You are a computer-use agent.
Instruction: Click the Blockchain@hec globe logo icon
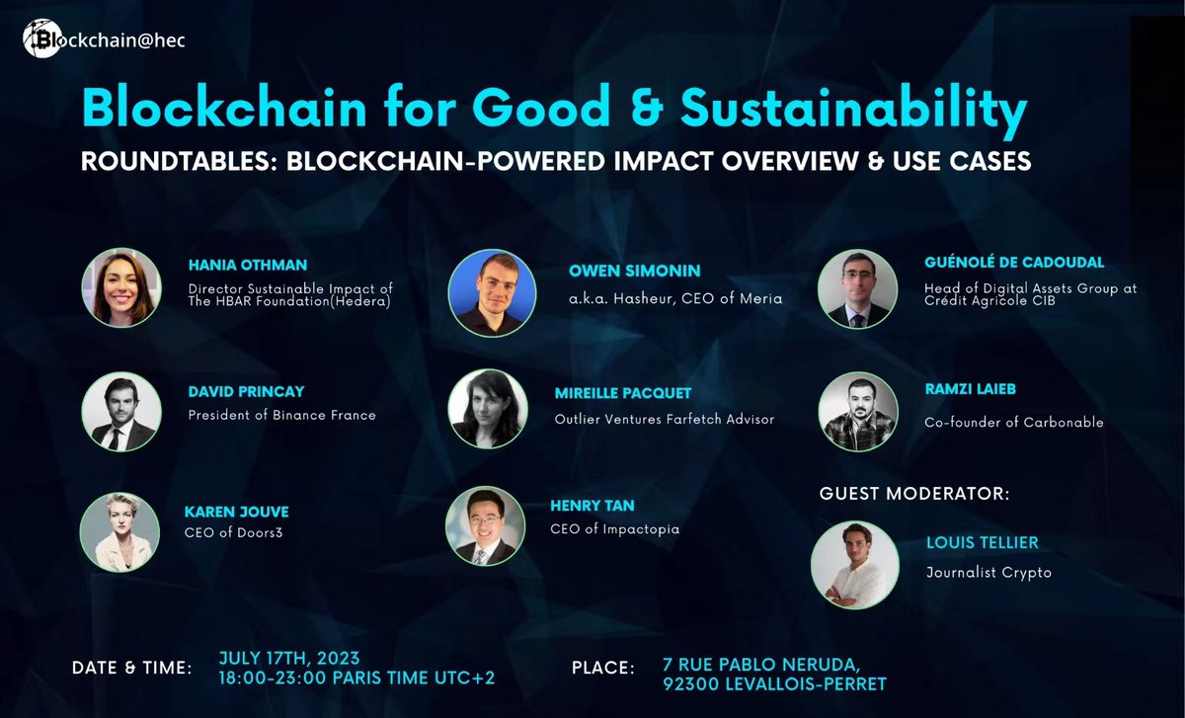tap(39, 40)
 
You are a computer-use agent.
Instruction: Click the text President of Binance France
tap(281, 415)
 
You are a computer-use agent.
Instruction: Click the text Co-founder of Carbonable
tap(1013, 422)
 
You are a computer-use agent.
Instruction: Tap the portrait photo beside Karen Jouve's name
tap(119, 532)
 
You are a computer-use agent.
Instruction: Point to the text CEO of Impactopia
tap(614, 529)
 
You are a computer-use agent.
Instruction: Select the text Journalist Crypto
tap(988, 572)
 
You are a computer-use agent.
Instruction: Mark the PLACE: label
tap(602, 669)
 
